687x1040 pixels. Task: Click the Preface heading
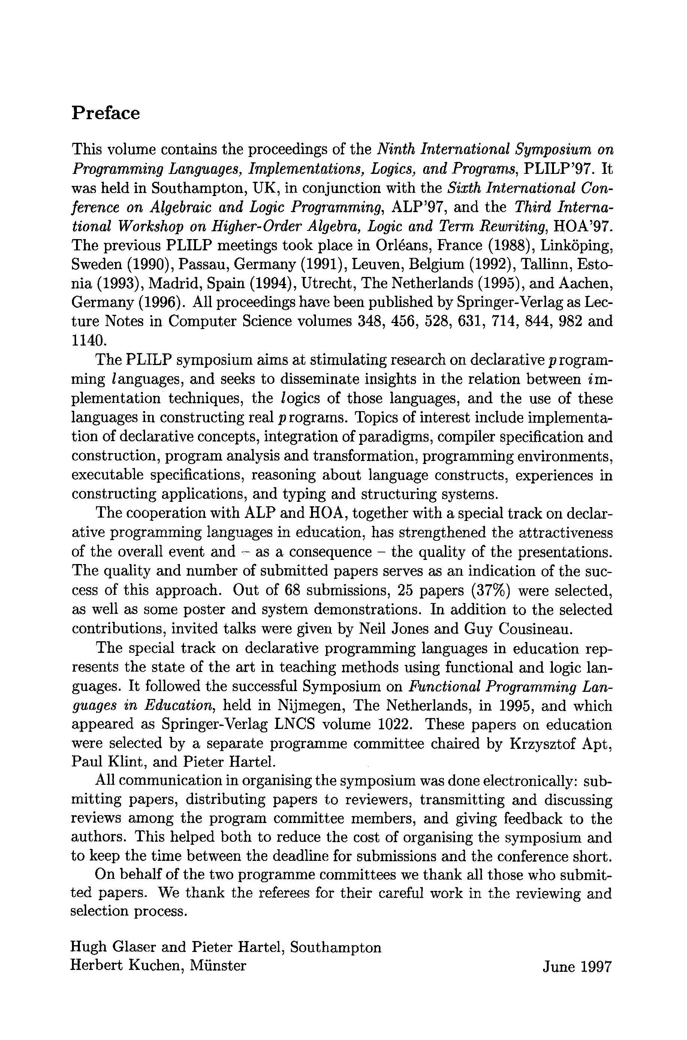106,113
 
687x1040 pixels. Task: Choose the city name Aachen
585,283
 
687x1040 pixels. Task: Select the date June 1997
576,967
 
